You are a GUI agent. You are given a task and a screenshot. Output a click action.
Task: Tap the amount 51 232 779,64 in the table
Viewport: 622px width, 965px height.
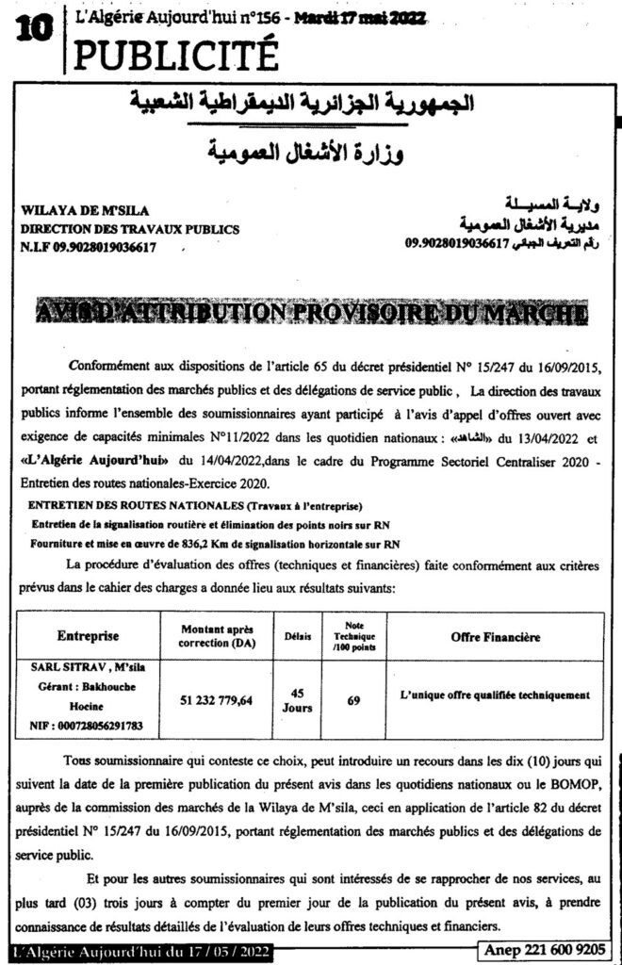click(x=217, y=700)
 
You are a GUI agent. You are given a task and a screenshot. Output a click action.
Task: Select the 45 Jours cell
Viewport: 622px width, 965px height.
click(x=299, y=699)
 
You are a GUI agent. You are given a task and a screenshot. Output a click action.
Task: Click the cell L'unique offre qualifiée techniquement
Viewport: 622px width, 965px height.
click(x=494, y=695)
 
